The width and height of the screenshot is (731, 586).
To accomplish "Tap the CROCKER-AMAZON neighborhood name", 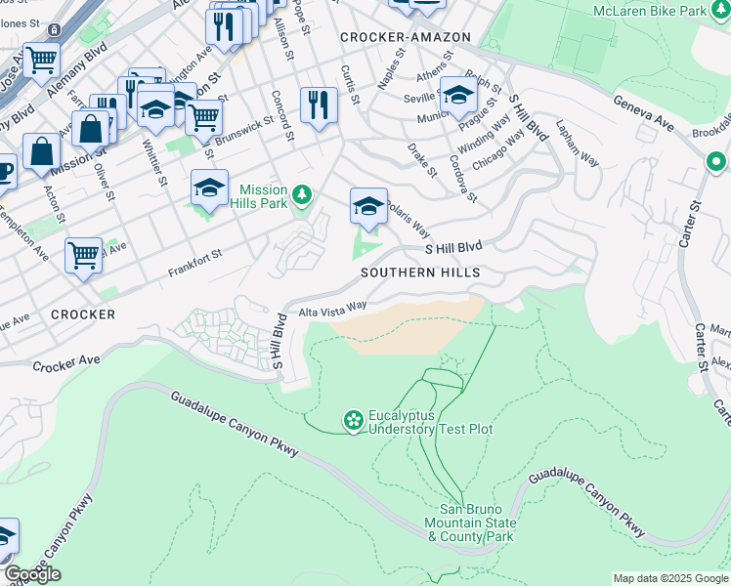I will point(406,37).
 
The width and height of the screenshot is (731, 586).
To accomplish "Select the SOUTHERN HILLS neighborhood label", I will point(420,272).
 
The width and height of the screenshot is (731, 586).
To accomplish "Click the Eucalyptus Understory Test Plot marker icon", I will point(353,421).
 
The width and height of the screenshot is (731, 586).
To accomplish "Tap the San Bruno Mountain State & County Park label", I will point(476,523).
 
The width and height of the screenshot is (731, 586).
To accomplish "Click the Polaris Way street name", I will point(406,218).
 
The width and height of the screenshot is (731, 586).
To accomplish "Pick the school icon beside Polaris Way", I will point(368,206).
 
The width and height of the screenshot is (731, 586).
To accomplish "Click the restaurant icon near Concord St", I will point(319,105).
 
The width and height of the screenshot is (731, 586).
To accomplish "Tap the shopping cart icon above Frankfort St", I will point(84,256).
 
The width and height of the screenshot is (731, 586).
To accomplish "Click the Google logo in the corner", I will point(32,574).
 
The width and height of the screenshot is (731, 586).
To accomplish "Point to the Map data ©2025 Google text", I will point(670,578).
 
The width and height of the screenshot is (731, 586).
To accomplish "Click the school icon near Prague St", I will point(458,96).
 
